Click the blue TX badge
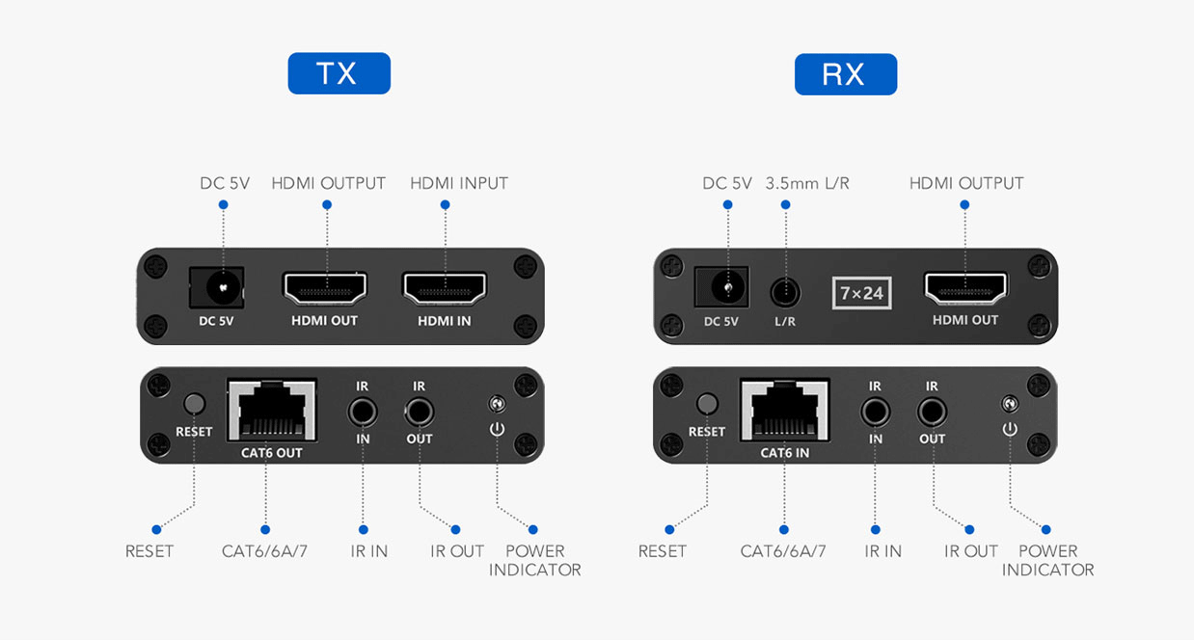pyautogui.click(x=339, y=73)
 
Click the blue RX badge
pyautogui.click(x=845, y=74)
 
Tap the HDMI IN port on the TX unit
pyautogui.click(x=445, y=288)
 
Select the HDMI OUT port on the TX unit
pyautogui.click(x=325, y=288)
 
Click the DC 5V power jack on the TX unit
pyautogui.click(x=222, y=288)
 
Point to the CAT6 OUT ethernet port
pyautogui.click(x=271, y=411)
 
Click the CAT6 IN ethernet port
pyautogui.click(x=783, y=411)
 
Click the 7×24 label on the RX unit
pyautogui.click(x=861, y=293)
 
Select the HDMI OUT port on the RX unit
pyautogui.click(x=965, y=288)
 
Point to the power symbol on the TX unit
pyautogui.click(x=497, y=428)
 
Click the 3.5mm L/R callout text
pyautogui.click(x=807, y=183)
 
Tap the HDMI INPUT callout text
pyautogui.click(x=458, y=183)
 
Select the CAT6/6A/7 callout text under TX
pyautogui.click(x=264, y=551)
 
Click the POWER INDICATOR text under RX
pyautogui.click(x=1047, y=560)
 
